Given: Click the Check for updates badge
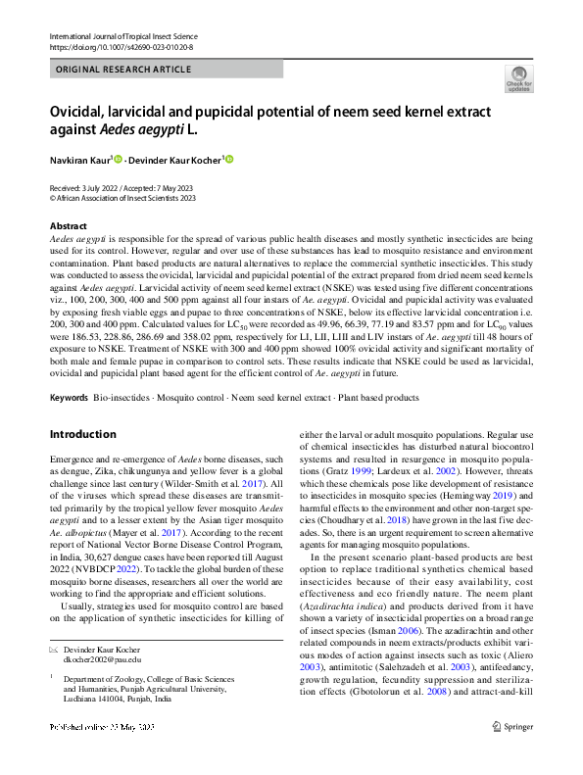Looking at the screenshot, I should click(x=519, y=77).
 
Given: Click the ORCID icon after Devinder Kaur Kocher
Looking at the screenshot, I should click(x=230, y=160).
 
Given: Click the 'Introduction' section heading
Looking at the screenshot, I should click(x=82, y=434).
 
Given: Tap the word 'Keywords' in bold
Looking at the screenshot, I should click(x=69, y=398).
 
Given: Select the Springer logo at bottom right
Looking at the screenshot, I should click(x=511, y=753).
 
